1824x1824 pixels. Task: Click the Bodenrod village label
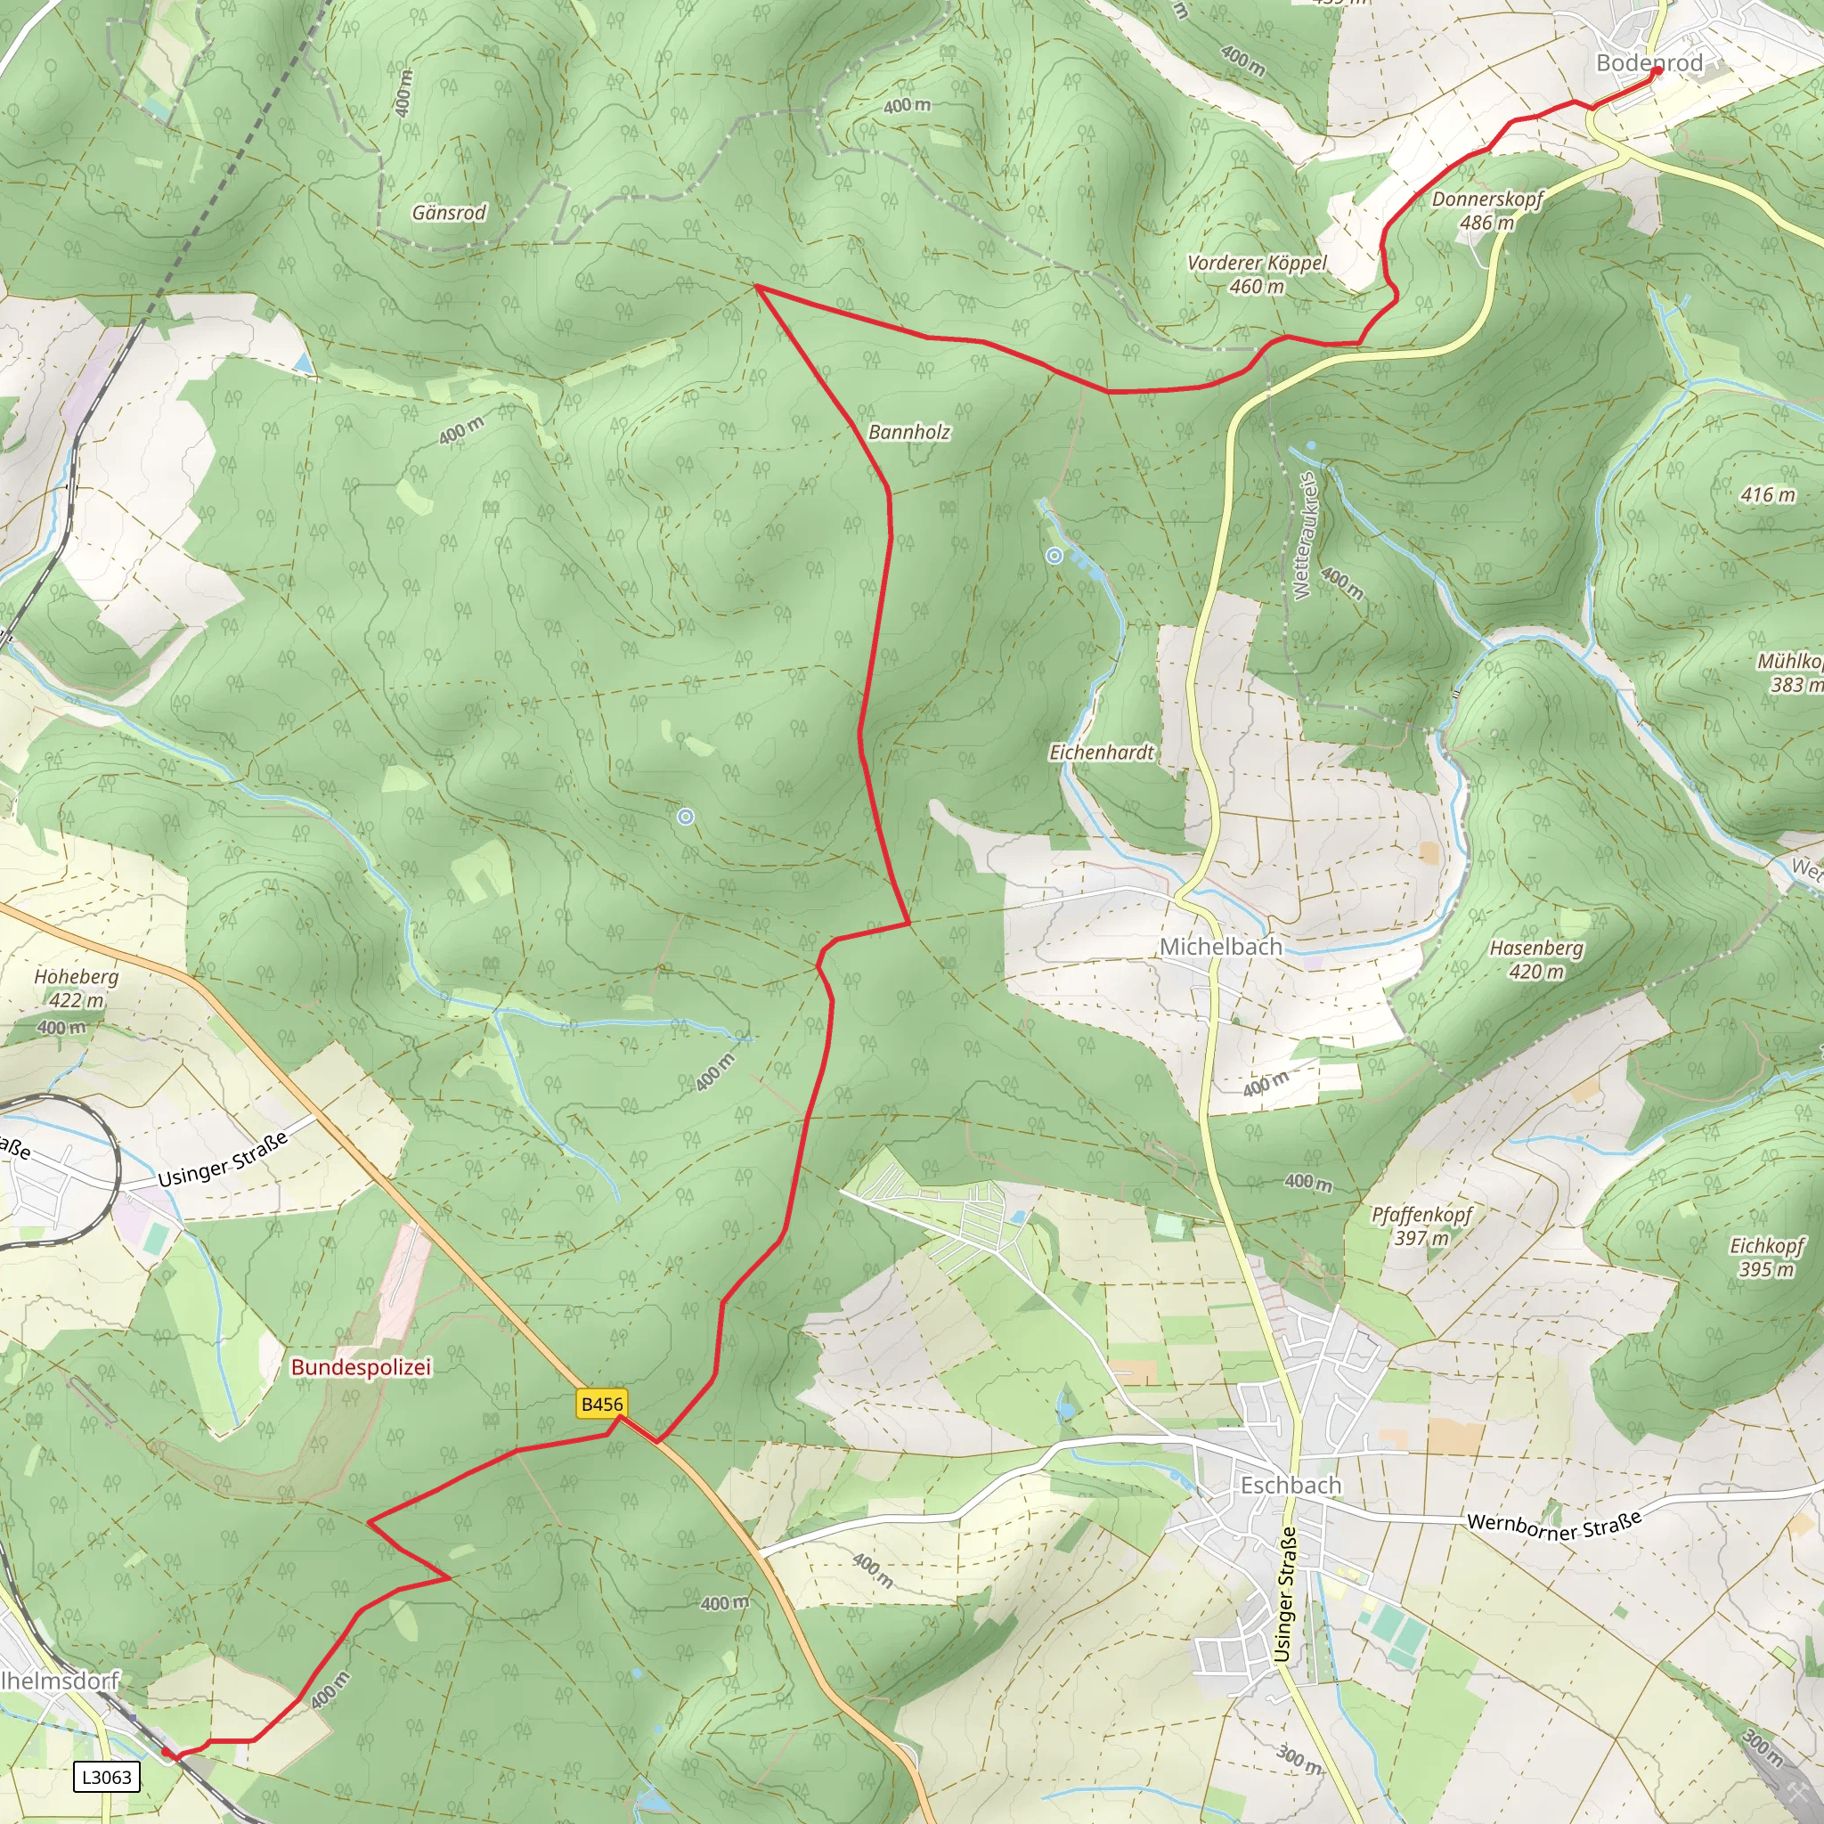1649,63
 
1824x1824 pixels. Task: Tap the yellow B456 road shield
601,1404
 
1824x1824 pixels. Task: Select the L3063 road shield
107,1777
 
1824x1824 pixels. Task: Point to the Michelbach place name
1220,946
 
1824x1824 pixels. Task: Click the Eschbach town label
1290,1485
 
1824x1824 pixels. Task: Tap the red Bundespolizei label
361,1366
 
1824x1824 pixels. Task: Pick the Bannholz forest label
908,431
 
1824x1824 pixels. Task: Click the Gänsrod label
449,213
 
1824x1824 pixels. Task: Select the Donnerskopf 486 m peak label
1487,210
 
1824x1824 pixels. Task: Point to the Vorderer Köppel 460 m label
1257,273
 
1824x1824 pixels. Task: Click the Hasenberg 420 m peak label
1536,959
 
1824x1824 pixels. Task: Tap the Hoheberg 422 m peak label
77,988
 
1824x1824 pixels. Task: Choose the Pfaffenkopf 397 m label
1421,1225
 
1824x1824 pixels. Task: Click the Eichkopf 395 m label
1765,1258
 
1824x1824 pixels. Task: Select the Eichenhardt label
1102,753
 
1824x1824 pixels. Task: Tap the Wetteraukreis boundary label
1304,535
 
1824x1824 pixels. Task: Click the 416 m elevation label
1767,494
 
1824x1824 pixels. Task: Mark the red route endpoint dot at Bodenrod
1656,71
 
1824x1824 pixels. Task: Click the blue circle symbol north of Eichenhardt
1054,556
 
